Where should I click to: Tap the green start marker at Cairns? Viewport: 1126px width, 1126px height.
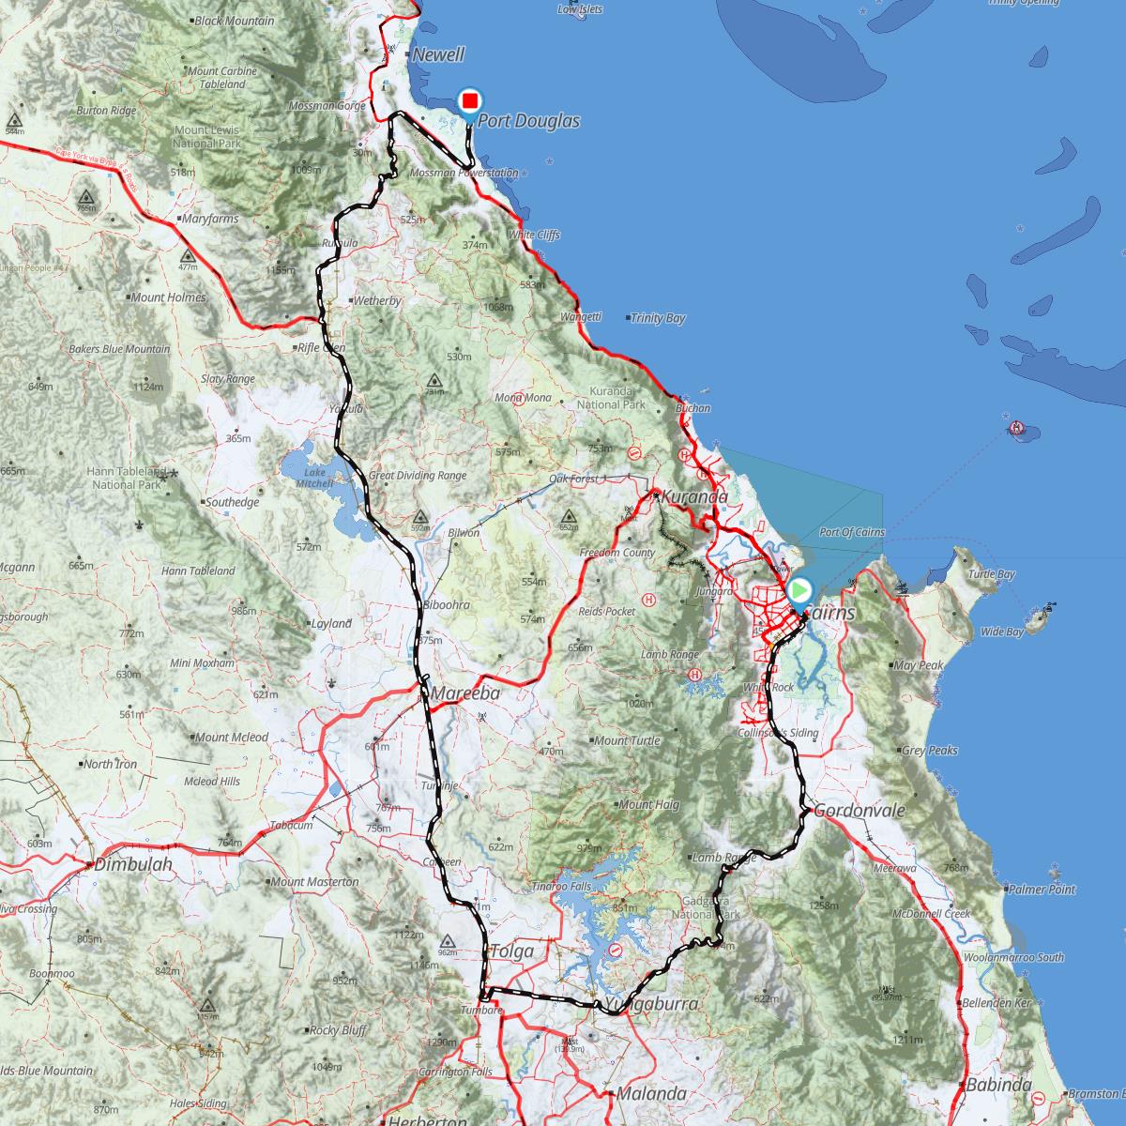(x=799, y=590)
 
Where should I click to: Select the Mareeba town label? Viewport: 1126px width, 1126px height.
(x=465, y=693)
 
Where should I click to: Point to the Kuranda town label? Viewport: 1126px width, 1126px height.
(x=694, y=496)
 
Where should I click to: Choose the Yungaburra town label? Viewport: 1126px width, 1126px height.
(x=652, y=1005)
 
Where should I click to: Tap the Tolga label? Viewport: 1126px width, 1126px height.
(x=512, y=951)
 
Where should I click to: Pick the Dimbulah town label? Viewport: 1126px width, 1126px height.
(x=133, y=865)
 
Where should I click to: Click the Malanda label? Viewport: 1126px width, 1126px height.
(x=650, y=1093)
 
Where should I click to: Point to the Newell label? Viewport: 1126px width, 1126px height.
(x=439, y=54)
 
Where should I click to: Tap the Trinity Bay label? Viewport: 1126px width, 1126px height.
(x=658, y=318)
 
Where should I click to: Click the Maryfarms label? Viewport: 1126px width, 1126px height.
(x=212, y=219)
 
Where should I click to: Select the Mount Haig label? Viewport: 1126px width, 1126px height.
(x=648, y=804)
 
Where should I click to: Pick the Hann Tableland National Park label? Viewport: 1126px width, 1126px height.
(x=127, y=478)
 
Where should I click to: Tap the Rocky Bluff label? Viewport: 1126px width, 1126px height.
(x=338, y=1029)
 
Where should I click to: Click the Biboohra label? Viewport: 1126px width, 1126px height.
(x=447, y=605)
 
